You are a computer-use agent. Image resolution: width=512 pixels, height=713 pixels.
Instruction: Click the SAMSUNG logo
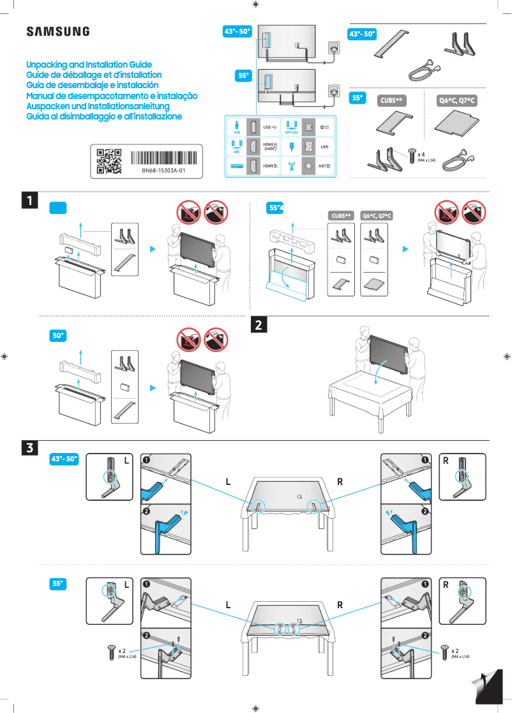coord(58,32)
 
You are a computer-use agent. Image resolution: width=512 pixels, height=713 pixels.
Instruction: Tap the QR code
coord(109,161)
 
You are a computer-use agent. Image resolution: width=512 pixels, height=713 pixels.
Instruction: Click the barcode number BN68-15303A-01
coord(163,171)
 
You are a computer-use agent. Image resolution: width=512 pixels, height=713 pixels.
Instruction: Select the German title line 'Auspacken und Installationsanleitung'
coord(97,106)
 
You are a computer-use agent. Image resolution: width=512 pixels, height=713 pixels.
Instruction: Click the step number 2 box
coord(259,325)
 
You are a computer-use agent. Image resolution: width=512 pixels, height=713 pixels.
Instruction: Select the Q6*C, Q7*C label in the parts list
coord(458,101)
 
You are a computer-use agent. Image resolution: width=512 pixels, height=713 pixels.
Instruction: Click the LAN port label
coord(324,147)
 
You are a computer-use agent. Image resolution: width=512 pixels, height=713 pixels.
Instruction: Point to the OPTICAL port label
coord(292,132)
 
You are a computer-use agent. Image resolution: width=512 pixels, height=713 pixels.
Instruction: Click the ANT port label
coord(324,166)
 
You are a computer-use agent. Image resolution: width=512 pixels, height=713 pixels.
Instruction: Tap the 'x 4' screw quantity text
coord(421,155)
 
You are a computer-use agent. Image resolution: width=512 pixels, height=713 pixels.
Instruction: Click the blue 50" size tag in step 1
coord(58,335)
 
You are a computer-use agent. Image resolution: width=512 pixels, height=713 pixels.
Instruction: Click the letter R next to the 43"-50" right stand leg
coord(446,460)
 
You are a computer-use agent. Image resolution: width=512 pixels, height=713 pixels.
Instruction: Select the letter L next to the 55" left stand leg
coord(126,585)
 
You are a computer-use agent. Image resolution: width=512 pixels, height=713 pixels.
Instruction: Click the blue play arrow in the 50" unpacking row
coord(153,387)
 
